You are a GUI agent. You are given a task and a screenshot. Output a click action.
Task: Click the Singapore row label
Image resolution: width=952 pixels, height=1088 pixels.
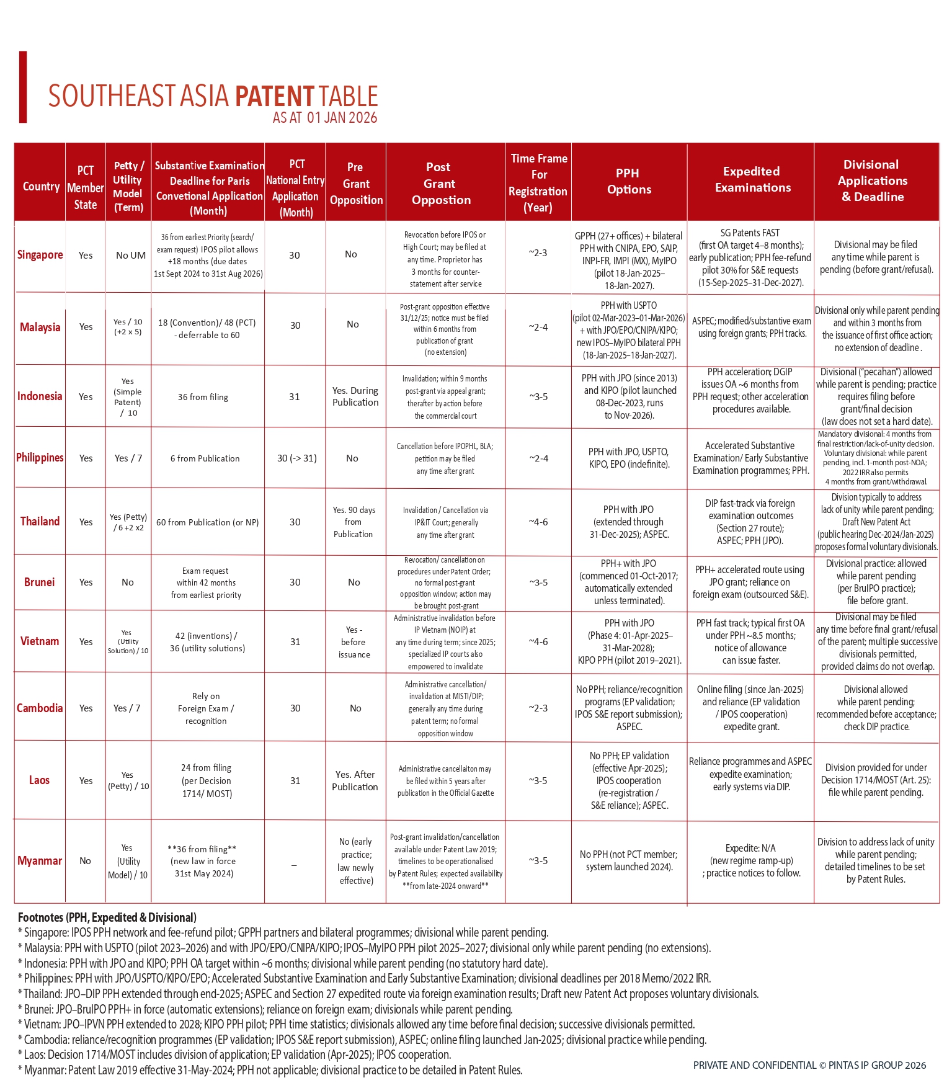coord(40,254)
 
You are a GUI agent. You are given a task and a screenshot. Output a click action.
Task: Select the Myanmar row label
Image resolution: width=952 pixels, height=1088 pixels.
coord(40,860)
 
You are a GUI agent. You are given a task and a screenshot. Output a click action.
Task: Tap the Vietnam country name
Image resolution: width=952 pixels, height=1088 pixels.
coord(40,641)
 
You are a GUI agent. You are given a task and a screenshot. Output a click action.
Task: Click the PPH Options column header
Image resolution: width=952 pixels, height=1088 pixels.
coord(629,181)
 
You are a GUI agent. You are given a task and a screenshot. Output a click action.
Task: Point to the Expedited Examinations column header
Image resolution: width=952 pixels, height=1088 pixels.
coord(752,179)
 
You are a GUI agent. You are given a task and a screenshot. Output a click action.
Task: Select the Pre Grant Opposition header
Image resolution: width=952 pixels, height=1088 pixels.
coord(356,184)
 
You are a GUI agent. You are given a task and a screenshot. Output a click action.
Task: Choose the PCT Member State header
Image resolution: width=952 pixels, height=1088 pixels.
coord(86,187)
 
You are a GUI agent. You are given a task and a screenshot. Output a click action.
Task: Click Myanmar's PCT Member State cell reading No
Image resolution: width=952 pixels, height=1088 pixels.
coord(86,860)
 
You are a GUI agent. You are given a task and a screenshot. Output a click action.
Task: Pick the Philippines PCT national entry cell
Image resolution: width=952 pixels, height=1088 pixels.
coord(296,458)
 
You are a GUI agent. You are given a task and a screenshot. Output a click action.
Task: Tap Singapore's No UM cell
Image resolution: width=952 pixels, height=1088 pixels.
coord(131,255)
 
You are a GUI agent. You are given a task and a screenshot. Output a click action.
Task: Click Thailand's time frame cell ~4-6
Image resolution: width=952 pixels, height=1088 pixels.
coord(538,522)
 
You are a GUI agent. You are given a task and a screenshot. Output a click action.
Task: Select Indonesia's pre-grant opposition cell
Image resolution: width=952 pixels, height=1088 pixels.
coord(355,396)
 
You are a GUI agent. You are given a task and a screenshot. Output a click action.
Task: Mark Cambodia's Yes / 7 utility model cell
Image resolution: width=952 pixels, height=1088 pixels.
coord(127,708)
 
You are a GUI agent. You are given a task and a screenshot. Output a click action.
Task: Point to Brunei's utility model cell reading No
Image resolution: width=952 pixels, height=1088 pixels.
coord(128,582)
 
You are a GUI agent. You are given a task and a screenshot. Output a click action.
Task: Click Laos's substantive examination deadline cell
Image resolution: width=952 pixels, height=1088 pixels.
coord(207,780)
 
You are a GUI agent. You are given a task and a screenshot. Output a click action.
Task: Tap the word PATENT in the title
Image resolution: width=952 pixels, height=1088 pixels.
coord(275,97)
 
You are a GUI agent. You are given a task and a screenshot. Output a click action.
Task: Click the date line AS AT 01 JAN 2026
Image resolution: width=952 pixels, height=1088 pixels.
coord(324,118)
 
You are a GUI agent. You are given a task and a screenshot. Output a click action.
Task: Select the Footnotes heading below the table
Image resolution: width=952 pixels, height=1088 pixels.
coord(107,917)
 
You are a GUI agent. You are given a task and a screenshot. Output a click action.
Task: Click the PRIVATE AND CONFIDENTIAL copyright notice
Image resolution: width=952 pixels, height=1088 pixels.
coord(809,1065)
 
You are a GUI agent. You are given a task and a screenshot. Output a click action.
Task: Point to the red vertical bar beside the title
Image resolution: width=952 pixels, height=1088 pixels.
coord(23,87)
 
